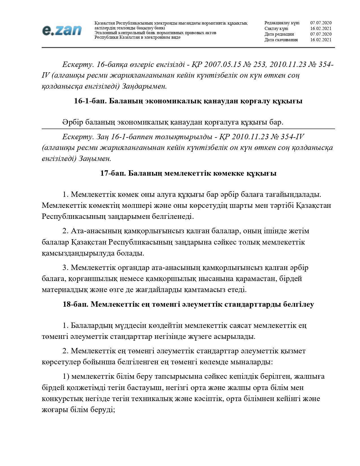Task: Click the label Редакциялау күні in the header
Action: coord(282,23)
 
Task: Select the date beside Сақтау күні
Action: coord(321,29)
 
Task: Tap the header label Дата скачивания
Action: coord(281,40)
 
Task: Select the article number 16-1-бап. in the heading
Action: coord(90,101)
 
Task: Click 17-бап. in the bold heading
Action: coord(113,173)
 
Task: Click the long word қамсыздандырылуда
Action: coord(78,253)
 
